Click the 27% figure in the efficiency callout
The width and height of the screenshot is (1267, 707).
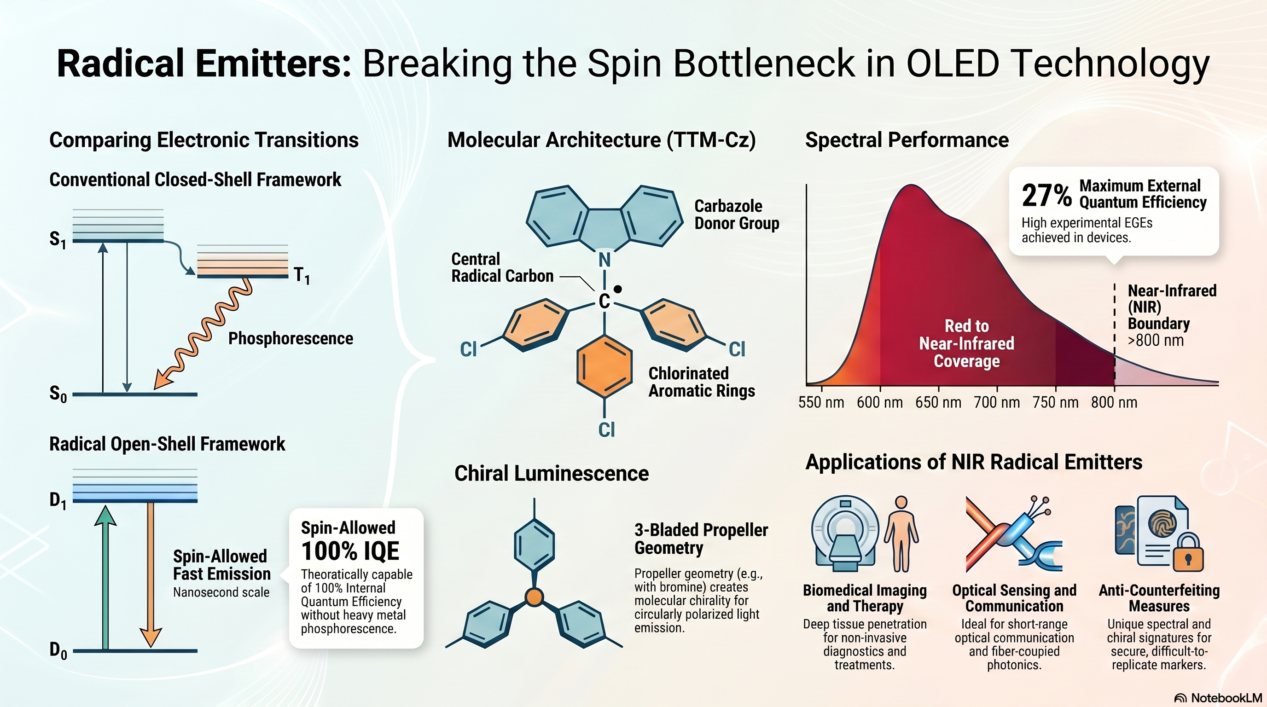tap(1046, 195)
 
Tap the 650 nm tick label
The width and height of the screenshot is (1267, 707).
tap(938, 403)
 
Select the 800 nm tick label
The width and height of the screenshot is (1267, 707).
tap(1114, 403)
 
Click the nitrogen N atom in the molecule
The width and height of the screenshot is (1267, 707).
tap(604, 260)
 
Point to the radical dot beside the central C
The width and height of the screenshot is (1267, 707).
tap(618, 290)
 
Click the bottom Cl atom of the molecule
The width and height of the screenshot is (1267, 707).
tap(606, 430)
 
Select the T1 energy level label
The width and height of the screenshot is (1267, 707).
tap(302, 275)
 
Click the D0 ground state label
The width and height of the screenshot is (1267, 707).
tap(58, 650)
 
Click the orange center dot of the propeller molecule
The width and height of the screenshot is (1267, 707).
tap(534, 597)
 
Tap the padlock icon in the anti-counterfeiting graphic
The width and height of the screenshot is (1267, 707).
tap(1188, 553)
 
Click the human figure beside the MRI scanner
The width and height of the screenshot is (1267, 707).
tap(901, 533)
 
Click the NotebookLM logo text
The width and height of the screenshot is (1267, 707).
tap(1226, 698)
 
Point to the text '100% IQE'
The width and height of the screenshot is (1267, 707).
tap(350, 551)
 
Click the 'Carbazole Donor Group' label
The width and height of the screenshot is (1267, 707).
tap(736, 214)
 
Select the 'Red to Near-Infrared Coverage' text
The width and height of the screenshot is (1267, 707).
tap(966, 343)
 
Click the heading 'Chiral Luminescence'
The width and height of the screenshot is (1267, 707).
tap(552, 473)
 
